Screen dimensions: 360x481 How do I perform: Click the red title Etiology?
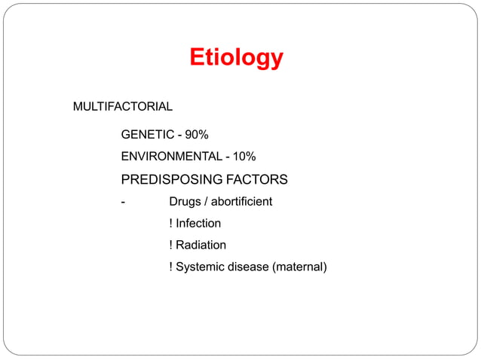pyautogui.click(x=236, y=57)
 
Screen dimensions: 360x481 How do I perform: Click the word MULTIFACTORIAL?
pyautogui.click(x=122, y=107)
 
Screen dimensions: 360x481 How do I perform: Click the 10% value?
pyautogui.click(x=244, y=157)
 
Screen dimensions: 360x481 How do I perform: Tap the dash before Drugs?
pyautogui.click(x=123, y=202)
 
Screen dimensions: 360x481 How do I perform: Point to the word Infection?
pyautogui.click(x=198, y=224)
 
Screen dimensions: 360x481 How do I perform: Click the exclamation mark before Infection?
pyautogui.click(x=171, y=224)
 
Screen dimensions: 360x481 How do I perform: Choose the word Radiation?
pyautogui.click(x=201, y=245)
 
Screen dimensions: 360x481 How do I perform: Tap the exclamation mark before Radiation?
pyautogui.click(x=171, y=245)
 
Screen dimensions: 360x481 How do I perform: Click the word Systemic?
pyautogui.click(x=200, y=267)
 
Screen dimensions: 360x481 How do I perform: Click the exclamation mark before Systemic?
pyautogui.click(x=171, y=267)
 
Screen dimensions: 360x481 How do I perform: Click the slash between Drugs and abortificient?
pyautogui.click(x=205, y=202)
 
